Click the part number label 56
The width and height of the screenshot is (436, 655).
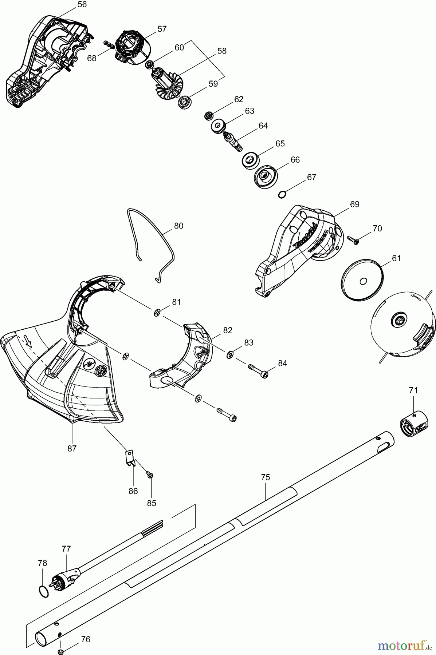82,5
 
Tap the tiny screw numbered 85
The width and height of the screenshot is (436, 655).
150,474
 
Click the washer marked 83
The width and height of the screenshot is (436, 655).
230,354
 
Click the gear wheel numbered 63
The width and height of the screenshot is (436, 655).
219,127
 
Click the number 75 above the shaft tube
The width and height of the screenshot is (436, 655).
266,477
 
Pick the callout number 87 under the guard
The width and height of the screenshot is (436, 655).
72,448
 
